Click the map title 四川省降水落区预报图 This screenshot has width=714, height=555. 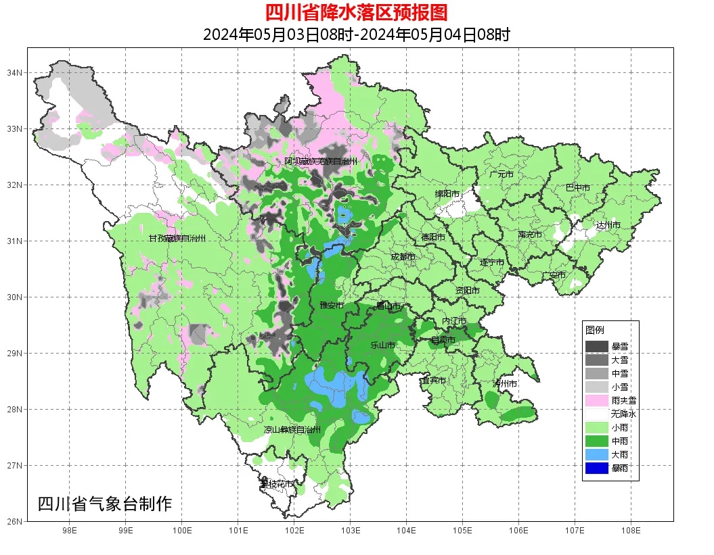pos(356,12)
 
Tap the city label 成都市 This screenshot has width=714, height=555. pos(403,257)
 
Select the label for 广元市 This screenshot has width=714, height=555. pos(501,174)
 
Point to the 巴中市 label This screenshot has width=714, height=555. pos(577,188)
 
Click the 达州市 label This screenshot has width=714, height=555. pos(608,225)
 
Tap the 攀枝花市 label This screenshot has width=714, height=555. pos(277,484)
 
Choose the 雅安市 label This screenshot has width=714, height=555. pos(332,306)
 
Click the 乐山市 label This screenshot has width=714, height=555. pos(382,345)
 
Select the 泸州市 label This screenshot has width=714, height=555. pos(505,383)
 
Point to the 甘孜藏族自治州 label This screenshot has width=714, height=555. pos(177,239)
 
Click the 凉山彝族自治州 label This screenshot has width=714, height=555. pos(292,429)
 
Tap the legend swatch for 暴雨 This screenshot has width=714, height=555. pos(597,468)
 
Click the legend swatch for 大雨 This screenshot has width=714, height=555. pos(597,454)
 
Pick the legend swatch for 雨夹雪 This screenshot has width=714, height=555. pos(597,400)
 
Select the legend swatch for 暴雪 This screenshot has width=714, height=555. pos(597,346)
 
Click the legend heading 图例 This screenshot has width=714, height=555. pos(594,330)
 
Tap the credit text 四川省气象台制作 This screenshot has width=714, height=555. pos(105,504)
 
